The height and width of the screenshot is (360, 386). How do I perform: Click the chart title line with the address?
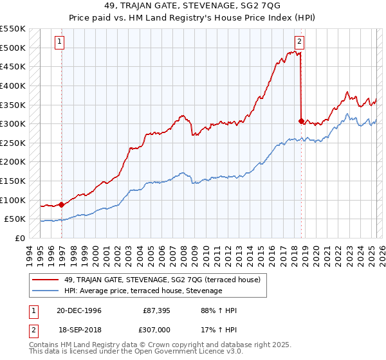click(193, 8)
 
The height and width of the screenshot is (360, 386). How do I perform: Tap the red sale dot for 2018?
click(301, 120)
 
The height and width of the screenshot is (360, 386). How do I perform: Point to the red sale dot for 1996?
click(62, 204)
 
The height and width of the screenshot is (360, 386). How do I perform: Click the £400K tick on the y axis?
click(13, 85)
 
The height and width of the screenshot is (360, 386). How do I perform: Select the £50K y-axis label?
click(15, 219)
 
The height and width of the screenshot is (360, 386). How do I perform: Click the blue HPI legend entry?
click(142, 291)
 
